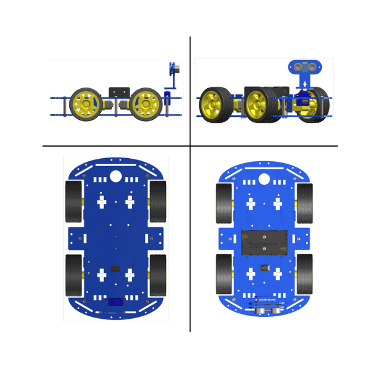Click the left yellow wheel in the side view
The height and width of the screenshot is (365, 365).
coord(86,105)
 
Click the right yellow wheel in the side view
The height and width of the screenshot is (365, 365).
coord(146,105)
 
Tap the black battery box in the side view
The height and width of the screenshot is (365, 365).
coord(119,92)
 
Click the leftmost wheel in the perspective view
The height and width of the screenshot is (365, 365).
coord(216,105)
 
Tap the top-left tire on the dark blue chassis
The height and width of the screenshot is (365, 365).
coord(74,201)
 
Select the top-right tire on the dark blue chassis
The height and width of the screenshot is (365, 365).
coord(158,201)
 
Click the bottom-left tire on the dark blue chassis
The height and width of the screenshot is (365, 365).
coord(74,275)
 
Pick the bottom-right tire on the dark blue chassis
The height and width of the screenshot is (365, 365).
coord(158,275)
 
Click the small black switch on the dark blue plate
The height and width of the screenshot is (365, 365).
coord(115,268)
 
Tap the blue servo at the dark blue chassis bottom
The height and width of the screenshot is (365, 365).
coord(116,302)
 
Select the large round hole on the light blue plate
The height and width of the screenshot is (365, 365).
coord(264,179)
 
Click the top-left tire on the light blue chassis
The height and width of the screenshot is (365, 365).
coord(224,203)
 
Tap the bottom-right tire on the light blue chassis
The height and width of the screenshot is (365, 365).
coord(304,274)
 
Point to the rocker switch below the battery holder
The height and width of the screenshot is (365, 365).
coord(264,268)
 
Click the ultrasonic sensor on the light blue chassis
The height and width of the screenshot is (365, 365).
coord(268,310)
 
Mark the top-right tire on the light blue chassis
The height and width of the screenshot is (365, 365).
coord(304,203)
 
